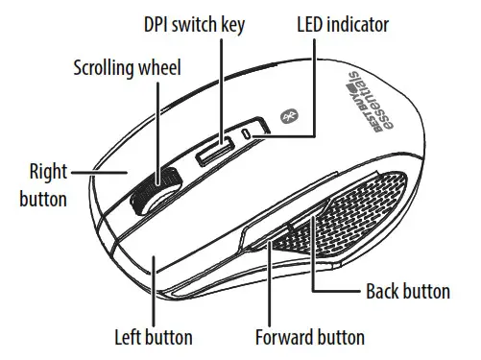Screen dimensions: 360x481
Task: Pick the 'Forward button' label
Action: [x=309, y=337]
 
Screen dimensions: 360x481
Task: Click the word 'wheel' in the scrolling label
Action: [x=159, y=68]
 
